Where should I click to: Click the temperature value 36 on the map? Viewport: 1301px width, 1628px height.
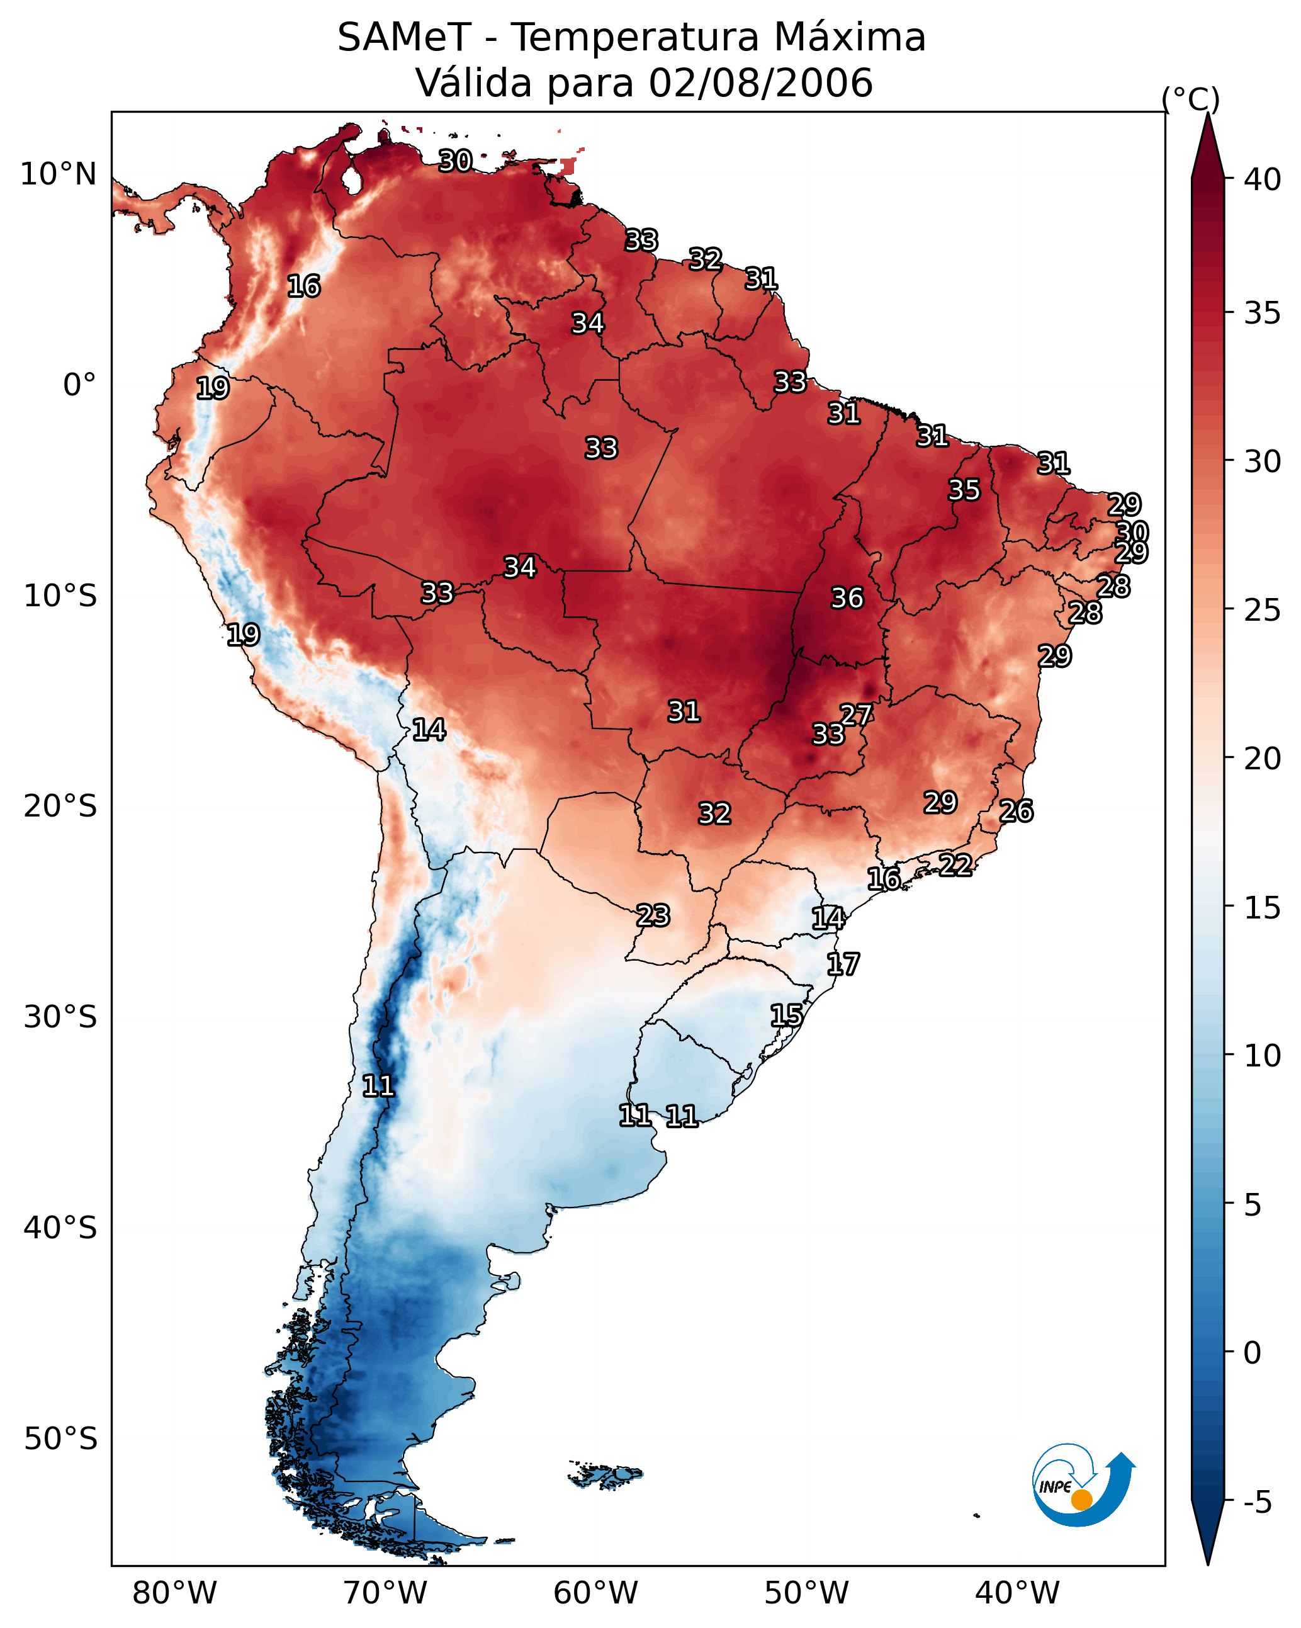pos(847,598)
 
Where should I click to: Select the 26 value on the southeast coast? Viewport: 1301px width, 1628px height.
pos(1016,811)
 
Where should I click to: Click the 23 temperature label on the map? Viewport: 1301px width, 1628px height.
pos(652,915)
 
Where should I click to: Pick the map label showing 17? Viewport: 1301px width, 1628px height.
pos(843,964)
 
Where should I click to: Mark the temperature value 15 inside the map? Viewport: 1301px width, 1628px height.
pos(786,1015)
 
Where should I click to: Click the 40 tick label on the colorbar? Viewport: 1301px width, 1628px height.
pos(1263,179)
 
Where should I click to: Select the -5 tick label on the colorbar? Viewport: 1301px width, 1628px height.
pos(1258,1502)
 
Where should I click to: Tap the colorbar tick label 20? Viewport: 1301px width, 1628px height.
pos(1263,758)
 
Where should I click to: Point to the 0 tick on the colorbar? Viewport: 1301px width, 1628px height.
pos(1252,1352)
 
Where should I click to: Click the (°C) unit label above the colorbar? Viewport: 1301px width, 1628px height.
pos(1190,99)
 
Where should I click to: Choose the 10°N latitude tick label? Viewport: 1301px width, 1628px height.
pos(58,174)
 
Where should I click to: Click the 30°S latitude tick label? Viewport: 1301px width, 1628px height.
pos(60,1017)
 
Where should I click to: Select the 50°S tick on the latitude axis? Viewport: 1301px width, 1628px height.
pos(60,1439)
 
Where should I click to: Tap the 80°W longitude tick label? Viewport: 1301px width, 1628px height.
pos(174,1593)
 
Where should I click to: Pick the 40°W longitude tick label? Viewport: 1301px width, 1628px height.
pos(1017,1593)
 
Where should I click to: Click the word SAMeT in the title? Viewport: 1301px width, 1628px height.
pos(404,38)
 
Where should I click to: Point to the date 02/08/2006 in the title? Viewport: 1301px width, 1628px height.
pos(760,83)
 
